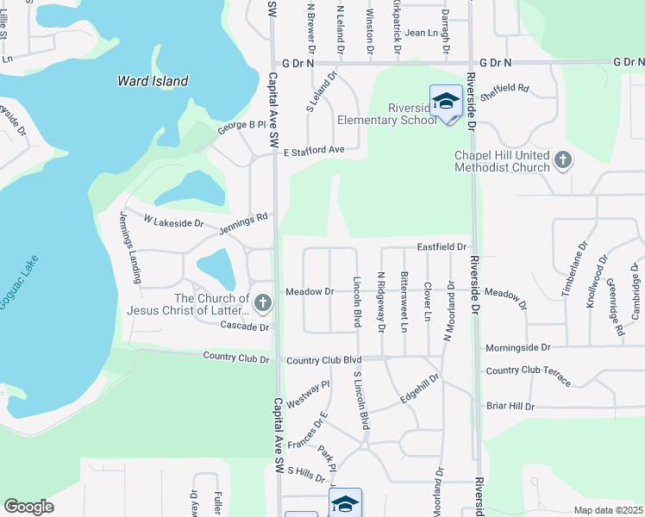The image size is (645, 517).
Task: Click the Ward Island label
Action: [x=153, y=82]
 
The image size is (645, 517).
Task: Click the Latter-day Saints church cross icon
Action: [x=263, y=303]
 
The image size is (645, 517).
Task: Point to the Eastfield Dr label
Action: [x=441, y=247]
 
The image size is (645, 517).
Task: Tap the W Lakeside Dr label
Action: [x=173, y=222]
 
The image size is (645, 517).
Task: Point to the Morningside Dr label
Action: [x=517, y=347]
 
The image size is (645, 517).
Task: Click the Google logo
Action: [x=28, y=507]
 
